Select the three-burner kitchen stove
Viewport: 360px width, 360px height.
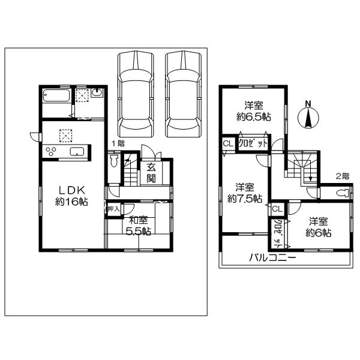[x=50, y=151]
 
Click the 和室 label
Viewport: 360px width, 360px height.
[x=138, y=219]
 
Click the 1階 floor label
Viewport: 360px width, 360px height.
[x=118, y=143]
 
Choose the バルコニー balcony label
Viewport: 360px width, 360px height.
[x=273, y=258]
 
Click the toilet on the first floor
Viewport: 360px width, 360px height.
[x=114, y=164]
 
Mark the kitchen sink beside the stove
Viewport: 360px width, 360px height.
[x=77, y=151]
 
